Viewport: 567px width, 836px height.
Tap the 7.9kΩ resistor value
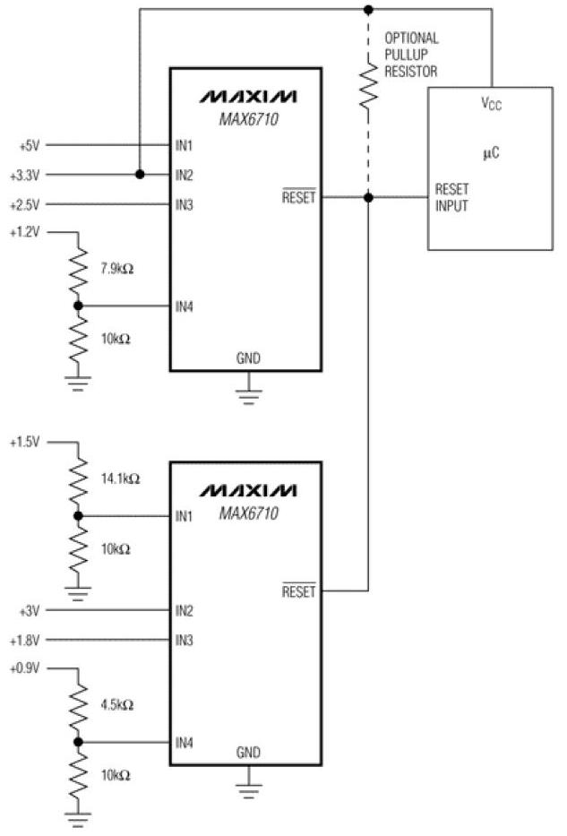(119, 268)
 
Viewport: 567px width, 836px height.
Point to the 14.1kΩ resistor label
(121, 479)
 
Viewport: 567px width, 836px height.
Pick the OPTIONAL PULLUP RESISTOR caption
(411, 55)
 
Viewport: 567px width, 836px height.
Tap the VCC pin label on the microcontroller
(491, 105)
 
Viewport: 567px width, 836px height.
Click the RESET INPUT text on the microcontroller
(451, 197)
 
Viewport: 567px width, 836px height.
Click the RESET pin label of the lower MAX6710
(299, 591)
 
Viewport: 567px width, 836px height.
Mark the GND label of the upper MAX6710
(248, 358)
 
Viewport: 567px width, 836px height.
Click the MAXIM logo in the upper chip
(248, 95)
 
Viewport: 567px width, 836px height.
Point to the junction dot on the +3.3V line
(140, 175)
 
